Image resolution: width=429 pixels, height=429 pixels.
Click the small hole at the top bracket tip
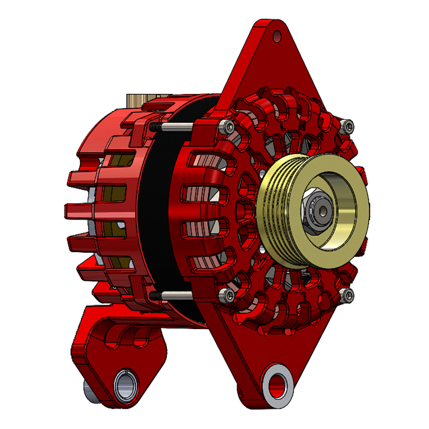[x=277, y=36]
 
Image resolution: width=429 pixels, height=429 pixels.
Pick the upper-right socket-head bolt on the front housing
[x=348, y=126]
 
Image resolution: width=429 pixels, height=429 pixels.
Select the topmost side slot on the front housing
[x=202, y=161]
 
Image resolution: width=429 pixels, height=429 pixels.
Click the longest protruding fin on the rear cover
[x=79, y=210]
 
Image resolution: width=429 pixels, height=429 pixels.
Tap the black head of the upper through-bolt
[x=154, y=127]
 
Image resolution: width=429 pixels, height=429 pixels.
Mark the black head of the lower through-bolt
[x=154, y=295]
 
